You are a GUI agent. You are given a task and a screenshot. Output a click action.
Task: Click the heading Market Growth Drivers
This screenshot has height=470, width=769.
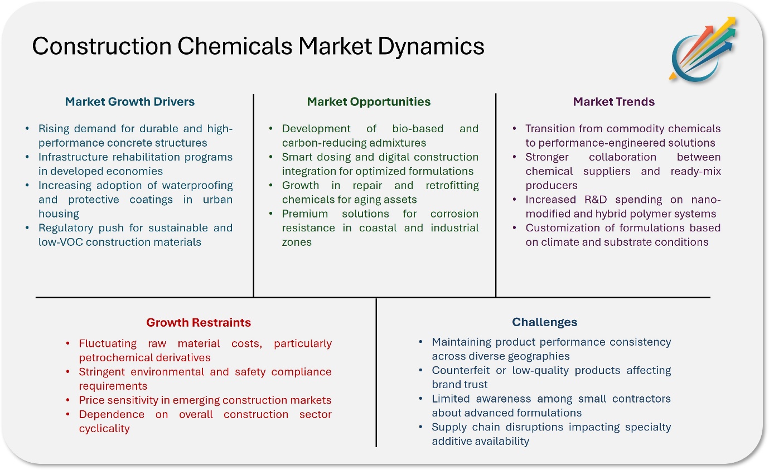click(x=130, y=101)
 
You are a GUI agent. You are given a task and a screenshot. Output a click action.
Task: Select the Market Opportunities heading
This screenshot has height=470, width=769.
click(x=369, y=102)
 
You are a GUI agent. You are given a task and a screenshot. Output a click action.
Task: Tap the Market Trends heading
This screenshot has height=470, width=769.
click(x=614, y=101)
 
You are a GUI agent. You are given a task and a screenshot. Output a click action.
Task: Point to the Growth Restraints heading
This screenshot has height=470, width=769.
click(x=199, y=322)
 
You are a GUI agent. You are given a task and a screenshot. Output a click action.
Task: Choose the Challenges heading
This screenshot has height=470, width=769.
click(x=544, y=322)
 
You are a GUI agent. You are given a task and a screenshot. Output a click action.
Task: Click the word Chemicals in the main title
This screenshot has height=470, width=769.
click(x=234, y=46)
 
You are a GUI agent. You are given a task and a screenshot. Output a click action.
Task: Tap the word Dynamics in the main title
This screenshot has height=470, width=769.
click(x=431, y=47)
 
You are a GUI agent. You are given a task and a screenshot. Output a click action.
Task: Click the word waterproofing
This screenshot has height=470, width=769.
click(x=197, y=186)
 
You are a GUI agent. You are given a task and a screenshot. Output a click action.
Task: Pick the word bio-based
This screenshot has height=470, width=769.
click(x=418, y=129)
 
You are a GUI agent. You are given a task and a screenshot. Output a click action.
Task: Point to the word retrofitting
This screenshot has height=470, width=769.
click(x=452, y=186)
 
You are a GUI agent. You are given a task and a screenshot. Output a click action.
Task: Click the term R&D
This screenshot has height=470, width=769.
click(x=596, y=200)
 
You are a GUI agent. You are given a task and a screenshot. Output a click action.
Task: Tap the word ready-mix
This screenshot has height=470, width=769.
click(x=695, y=171)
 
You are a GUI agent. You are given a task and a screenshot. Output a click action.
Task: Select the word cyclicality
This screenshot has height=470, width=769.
click(x=104, y=429)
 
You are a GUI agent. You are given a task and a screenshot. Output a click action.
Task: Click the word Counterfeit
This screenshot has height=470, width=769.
click(x=461, y=370)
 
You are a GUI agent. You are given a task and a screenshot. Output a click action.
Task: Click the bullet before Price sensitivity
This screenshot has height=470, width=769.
click(x=68, y=400)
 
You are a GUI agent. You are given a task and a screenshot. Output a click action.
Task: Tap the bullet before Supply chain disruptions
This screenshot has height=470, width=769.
click(x=421, y=427)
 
